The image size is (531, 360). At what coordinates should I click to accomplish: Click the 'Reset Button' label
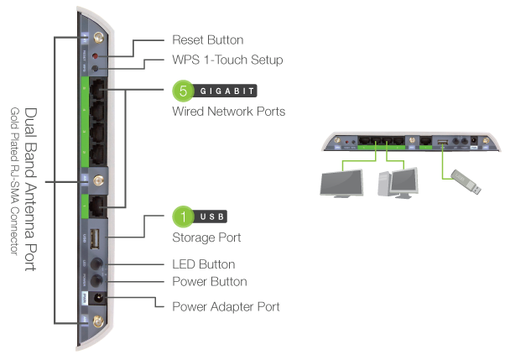coord(207,40)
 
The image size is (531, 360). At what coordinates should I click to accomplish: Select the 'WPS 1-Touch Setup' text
coord(227,60)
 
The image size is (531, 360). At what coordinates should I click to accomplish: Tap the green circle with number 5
coord(183,91)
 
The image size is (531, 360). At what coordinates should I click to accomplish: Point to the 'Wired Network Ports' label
coord(228,111)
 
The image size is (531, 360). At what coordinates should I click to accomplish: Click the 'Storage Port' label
coord(206,237)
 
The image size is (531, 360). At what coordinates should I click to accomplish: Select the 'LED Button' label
coord(203,264)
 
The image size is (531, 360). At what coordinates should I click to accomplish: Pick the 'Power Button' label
coord(209,281)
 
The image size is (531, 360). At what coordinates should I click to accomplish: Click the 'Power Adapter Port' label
coord(226,306)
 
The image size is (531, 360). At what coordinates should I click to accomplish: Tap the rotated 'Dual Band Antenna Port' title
coord(31,190)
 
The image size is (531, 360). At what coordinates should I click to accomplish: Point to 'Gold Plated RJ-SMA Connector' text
coord(14,189)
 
